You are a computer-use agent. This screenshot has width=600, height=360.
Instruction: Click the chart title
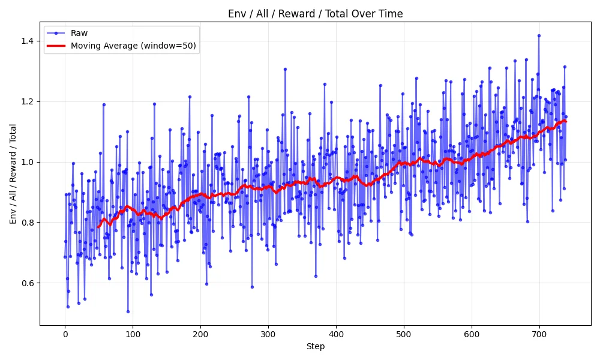tap(315, 14)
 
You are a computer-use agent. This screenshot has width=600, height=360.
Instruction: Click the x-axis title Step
tap(315, 346)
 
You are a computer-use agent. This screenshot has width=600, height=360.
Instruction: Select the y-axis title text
tap(13, 173)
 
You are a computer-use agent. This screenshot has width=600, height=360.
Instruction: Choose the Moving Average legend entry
tap(133, 46)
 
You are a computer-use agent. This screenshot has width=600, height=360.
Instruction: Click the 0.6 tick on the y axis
tap(29, 283)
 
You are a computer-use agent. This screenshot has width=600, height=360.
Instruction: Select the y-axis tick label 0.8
tap(29, 223)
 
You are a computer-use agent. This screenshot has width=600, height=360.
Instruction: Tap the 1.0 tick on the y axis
tap(29, 162)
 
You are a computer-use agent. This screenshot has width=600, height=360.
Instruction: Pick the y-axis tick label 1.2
tap(29, 101)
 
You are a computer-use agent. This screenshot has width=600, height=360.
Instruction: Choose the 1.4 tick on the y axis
tap(29, 41)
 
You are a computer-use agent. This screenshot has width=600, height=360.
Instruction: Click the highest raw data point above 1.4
tap(539, 35)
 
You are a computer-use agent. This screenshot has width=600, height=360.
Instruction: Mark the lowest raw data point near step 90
tap(128, 311)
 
